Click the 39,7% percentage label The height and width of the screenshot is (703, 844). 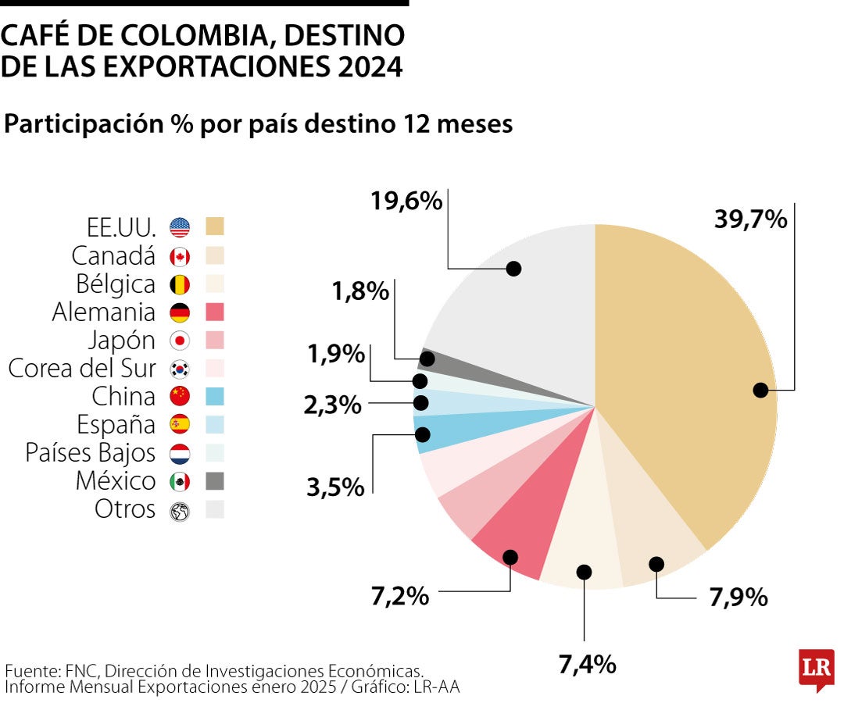click(750, 219)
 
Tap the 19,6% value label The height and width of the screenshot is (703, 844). click(406, 201)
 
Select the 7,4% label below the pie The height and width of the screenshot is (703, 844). click(587, 665)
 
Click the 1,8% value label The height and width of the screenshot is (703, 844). click(360, 292)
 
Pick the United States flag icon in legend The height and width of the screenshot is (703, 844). click(180, 227)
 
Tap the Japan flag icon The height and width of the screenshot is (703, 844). click(180, 341)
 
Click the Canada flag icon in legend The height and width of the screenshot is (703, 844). click(180, 256)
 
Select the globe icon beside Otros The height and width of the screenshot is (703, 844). click(180, 511)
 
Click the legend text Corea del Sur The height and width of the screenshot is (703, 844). click(82, 368)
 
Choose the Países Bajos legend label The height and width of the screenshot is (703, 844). click(91, 452)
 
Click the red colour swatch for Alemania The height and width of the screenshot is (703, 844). click(215, 312)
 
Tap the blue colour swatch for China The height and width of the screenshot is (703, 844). click(215, 396)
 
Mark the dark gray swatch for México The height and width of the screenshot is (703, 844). click(215, 481)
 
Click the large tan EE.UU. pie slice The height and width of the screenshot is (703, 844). click(688, 375)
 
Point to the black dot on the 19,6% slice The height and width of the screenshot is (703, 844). click(513, 268)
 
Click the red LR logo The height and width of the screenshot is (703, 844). click(816, 669)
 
